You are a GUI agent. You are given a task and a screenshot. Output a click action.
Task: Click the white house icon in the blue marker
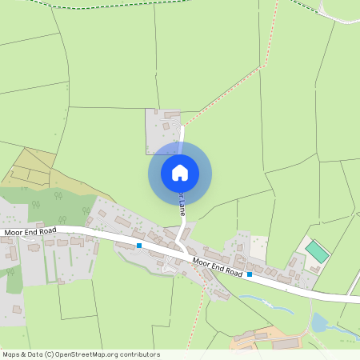pyautogui.click(x=180, y=172)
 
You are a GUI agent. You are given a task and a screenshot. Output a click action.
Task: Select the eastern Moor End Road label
pyautogui.click(x=218, y=267)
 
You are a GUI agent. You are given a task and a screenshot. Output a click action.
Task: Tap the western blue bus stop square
pyautogui.click(x=139, y=245)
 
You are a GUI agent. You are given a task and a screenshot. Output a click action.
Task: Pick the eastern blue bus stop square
pyautogui.click(x=250, y=274)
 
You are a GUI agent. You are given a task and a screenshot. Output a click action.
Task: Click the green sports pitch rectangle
pyautogui.click(x=317, y=252)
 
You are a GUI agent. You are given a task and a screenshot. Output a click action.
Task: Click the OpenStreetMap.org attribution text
pyautogui.click(x=80, y=354)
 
